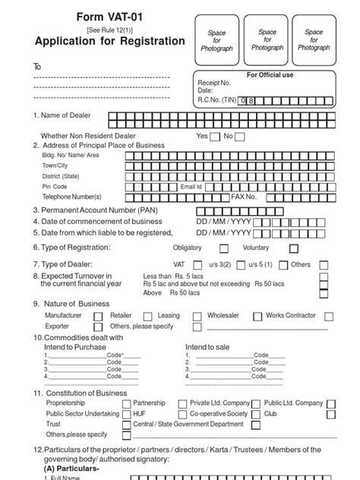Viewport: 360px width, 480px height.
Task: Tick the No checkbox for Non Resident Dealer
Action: coord(240,137)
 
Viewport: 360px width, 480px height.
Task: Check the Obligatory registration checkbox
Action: coord(224,248)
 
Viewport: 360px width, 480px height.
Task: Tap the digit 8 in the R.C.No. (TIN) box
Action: coord(257,99)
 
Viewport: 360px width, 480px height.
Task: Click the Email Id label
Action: coord(191,186)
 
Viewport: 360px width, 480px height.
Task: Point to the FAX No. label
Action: coord(244,196)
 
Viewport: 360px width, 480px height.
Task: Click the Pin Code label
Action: coord(55,186)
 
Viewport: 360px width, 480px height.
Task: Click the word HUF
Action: coord(139,414)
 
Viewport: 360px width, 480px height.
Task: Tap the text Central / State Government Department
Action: coord(188,425)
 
